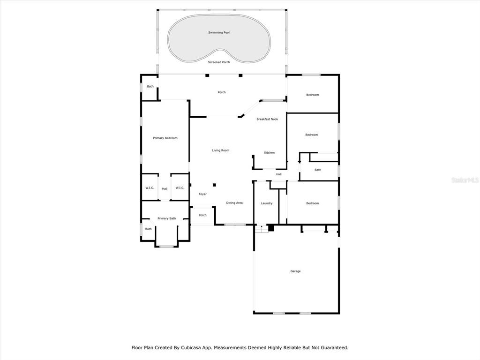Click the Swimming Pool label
coord(219,32)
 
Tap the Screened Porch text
coord(219,62)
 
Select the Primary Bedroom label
coord(165,138)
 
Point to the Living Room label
coord(221,150)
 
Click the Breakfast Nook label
coord(267,119)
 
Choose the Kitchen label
coord(270,152)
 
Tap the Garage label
coord(295,271)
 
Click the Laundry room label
coord(267,203)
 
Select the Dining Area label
coord(234,202)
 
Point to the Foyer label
coord(202,194)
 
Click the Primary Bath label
coord(167,218)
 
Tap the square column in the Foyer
coord(214,185)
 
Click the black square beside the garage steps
coord(271,228)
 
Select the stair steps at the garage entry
coord(262,229)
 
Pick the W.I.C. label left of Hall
coord(150,187)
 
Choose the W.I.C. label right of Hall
coord(180,187)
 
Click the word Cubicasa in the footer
coord(191,347)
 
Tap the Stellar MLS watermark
coord(465,180)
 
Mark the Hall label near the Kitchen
coord(278,174)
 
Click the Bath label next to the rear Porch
coord(150,86)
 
